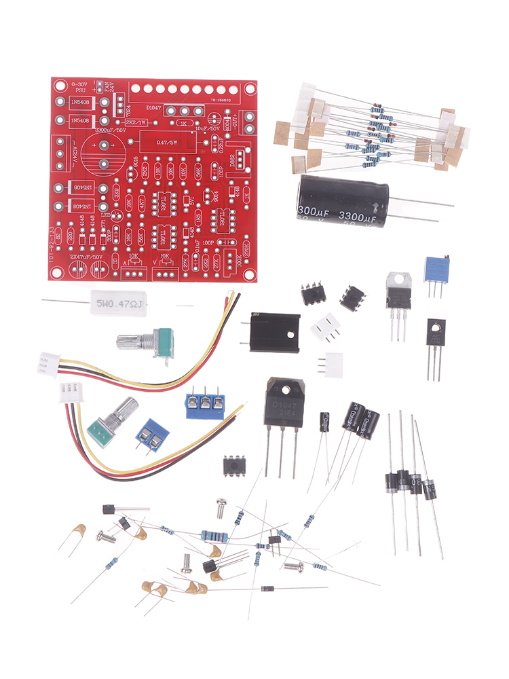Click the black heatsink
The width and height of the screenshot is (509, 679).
click(276, 332)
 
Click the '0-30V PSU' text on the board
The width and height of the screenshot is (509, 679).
click(79, 87)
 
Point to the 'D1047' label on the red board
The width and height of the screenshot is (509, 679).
click(155, 107)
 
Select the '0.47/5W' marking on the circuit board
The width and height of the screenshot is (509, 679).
click(168, 143)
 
